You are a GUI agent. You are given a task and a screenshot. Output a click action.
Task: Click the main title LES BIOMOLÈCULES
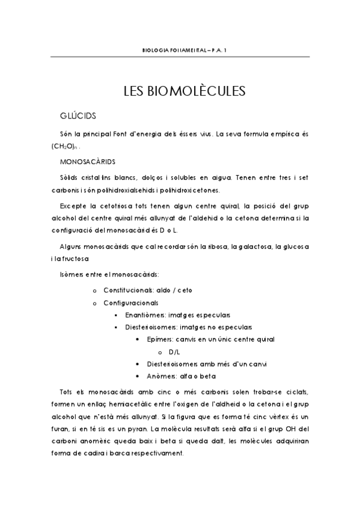[x=185, y=91]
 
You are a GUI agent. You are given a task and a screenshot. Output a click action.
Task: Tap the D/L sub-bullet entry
[x=175, y=352]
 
